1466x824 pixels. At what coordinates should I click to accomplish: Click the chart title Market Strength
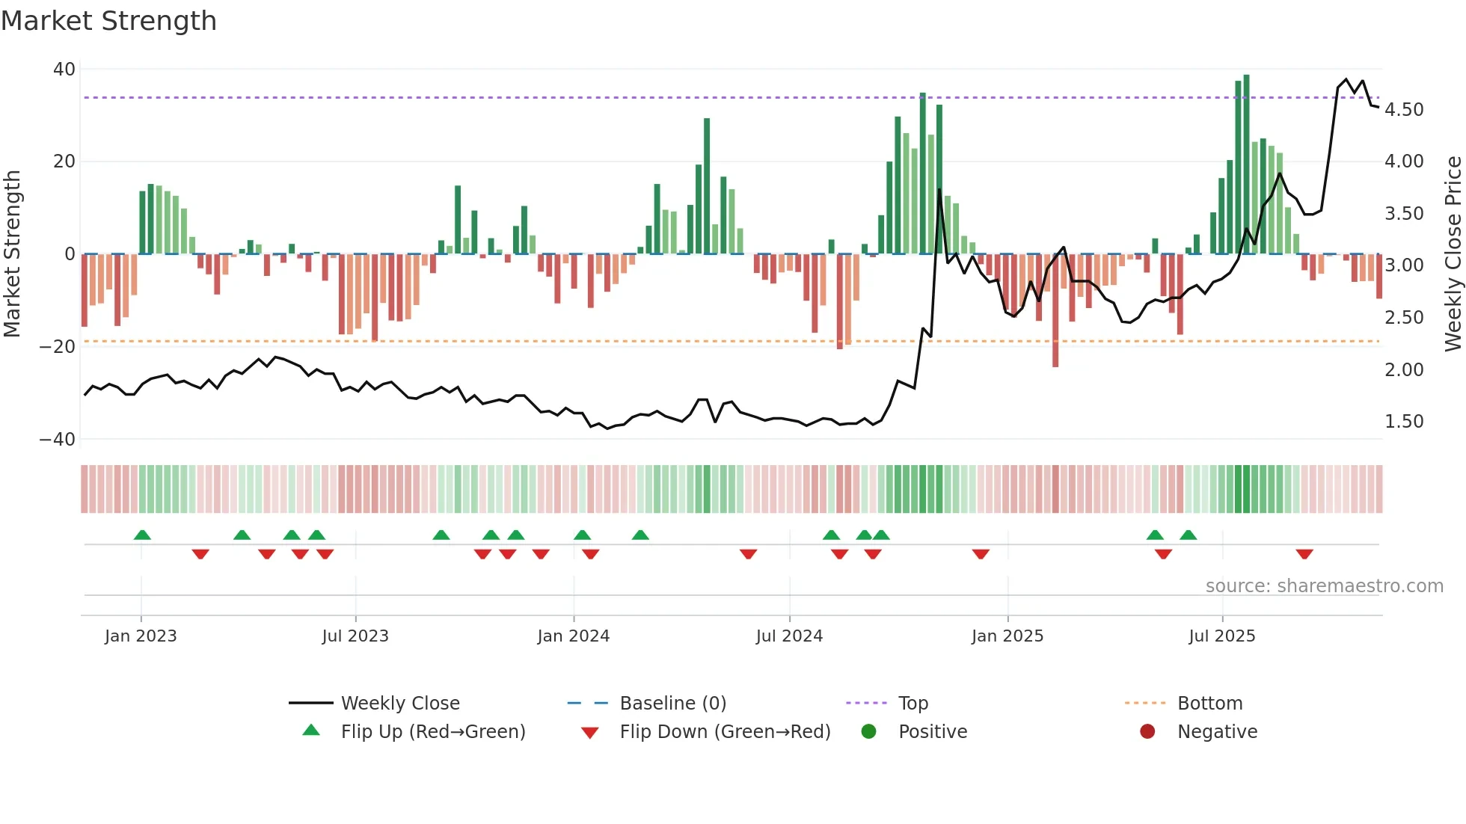[108, 21]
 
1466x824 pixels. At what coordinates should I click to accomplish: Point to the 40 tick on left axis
[64, 70]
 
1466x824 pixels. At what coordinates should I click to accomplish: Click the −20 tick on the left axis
[58, 347]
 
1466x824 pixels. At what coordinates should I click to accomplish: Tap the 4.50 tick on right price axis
[1404, 110]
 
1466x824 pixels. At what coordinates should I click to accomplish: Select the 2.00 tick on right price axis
[1404, 370]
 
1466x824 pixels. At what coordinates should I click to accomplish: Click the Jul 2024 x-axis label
[789, 636]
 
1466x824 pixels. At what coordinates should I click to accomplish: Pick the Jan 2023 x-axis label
[141, 636]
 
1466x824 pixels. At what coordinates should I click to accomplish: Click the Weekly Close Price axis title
[1453, 254]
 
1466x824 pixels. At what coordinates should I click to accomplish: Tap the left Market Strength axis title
[12, 254]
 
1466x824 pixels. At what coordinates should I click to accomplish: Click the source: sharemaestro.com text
[1324, 586]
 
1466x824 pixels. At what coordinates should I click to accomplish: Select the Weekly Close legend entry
[399, 704]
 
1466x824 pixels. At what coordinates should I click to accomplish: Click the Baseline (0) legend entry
[672, 704]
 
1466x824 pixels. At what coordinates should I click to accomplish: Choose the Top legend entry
[913, 704]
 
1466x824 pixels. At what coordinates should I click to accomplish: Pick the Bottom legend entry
[1209, 704]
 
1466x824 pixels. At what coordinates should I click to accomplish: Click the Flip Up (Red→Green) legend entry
[432, 732]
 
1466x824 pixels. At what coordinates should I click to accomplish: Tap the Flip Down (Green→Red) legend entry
[725, 732]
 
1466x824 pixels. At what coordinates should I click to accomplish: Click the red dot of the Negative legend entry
[1147, 732]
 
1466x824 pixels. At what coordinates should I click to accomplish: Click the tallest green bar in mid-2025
[1246, 165]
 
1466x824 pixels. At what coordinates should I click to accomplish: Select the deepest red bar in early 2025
[1055, 310]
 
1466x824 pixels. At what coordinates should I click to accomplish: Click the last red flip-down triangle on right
[1304, 554]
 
